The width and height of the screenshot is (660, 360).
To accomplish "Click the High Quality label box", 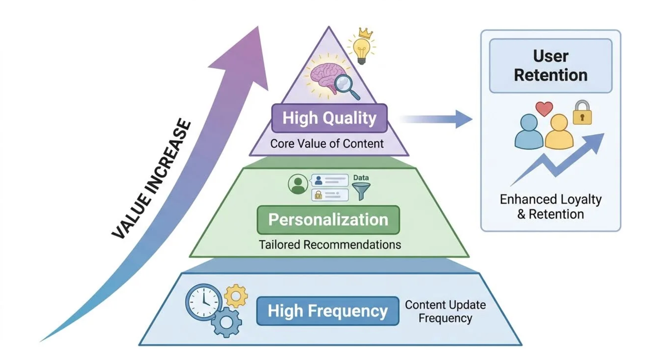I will pyautogui.click(x=329, y=118).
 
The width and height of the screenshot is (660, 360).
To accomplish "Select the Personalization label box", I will pyautogui.click(x=328, y=220).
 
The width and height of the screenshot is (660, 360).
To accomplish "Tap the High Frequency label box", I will pyautogui.click(x=327, y=311).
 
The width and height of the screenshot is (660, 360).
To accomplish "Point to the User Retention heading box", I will pyautogui.click(x=551, y=66).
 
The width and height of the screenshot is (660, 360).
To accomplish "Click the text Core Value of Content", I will pyautogui.click(x=327, y=143).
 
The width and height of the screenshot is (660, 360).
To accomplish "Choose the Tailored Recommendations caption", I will pyautogui.click(x=330, y=244).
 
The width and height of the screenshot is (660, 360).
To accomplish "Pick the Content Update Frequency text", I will pyautogui.click(x=445, y=311).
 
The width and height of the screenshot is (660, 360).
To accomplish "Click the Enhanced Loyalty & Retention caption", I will pyautogui.click(x=551, y=206).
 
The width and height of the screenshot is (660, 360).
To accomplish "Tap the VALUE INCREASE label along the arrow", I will pyautogui.click(x=152, y=179).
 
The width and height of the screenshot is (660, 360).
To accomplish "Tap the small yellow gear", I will pyautogui.click(x=236, y=296).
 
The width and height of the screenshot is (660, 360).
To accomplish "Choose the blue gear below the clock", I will pyautogui.click(x=225, y=322).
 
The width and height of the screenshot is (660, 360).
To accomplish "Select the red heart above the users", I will pyautogui.click(x=544, y=109).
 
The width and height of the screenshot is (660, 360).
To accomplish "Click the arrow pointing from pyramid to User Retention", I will pyautogui.click(x=438, y=119).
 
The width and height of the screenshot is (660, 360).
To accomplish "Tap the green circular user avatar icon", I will pyautogui.click(x=299, y=184).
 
